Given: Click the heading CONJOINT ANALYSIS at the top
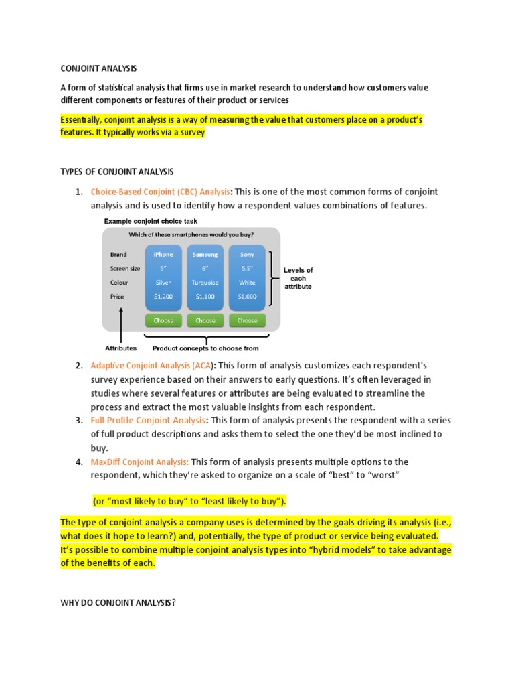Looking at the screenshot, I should click(x=98, y=68).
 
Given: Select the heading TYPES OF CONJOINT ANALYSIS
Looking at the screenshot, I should click(x=117, y=172).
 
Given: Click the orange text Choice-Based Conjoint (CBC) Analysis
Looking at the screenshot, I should click(x=161, y=192).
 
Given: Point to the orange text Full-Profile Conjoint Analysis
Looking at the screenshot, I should click(x=149, y=421).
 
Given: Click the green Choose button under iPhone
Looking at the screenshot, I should click(x=163, y=320).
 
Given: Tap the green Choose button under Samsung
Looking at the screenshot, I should click(x=205, y=320).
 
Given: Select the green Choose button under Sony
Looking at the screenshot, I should click(x=247, y=320).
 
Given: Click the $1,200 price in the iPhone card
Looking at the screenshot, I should click(x=163, y=297).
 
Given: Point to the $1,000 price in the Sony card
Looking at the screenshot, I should click(x=247, y=297).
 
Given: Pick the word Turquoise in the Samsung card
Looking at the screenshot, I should click(x=205, y=283).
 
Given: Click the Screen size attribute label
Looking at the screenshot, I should click(x=125, y=269).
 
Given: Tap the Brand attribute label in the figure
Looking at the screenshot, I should click(x=118, y=255).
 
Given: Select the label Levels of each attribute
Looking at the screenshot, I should click(x=298, y=278).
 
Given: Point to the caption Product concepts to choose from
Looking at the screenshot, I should click(x=205, y=348).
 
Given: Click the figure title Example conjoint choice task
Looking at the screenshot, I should click(x=151, y=221).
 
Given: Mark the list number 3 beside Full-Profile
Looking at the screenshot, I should click(x=79, y=421).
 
